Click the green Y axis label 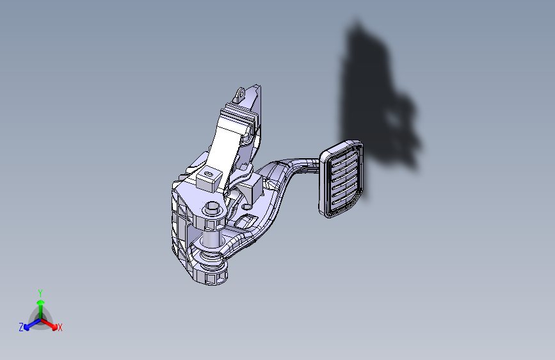click(x=40, y=293)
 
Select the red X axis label click(x=60, y=327)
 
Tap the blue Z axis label click(x=21, y=327)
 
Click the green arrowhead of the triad click(x=41, y=302)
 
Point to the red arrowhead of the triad click(x=54, y=327)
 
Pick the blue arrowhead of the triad click(x=26, y=327)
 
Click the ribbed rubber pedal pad click(x=342, y=179)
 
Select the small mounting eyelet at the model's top click(x=240, y=93)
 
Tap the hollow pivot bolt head click(x=213, y=208)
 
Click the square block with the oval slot click(x=209, y=179)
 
